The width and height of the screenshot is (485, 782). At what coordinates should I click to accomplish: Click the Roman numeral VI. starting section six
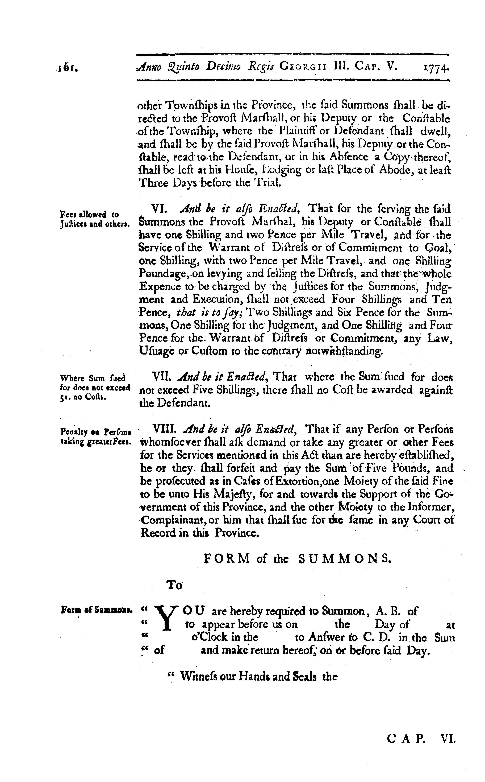(158, 209)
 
